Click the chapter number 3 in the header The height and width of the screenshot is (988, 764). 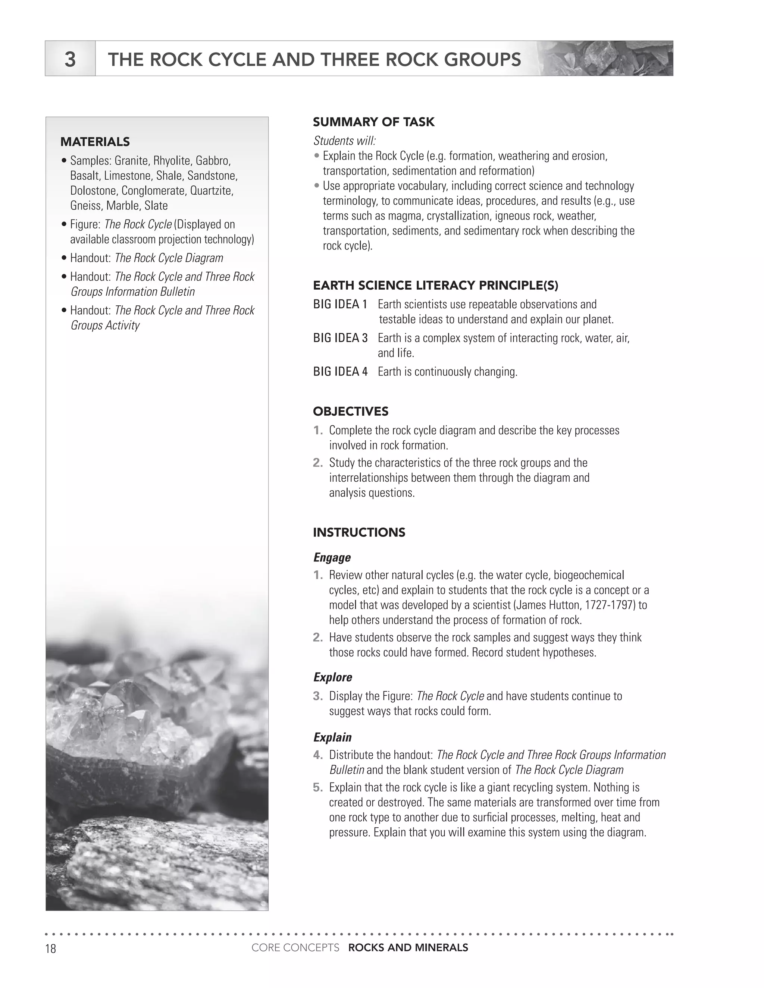[x=70, y=59]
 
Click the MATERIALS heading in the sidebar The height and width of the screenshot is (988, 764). [x=95, y=142]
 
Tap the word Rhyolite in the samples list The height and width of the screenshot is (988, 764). [x=172, y=161]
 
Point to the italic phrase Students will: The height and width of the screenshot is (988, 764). [x=344, y=141]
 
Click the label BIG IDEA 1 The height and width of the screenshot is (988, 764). [x=340, y=305]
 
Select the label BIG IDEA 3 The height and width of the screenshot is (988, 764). [x=340, y=338]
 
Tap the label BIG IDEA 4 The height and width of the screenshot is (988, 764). [x=340, y=372]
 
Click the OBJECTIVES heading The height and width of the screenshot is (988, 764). [x=350, y=411]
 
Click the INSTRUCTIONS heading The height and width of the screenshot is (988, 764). [x=359, y=532]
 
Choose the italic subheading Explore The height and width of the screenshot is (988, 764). [x=333, y=677]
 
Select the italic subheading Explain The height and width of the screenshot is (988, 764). [x=332, y=737]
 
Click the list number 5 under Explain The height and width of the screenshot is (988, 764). [x=317, y=787]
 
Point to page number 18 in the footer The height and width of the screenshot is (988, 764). [x=51, y=948]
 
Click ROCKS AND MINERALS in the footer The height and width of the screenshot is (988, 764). [x=408, y=948]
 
